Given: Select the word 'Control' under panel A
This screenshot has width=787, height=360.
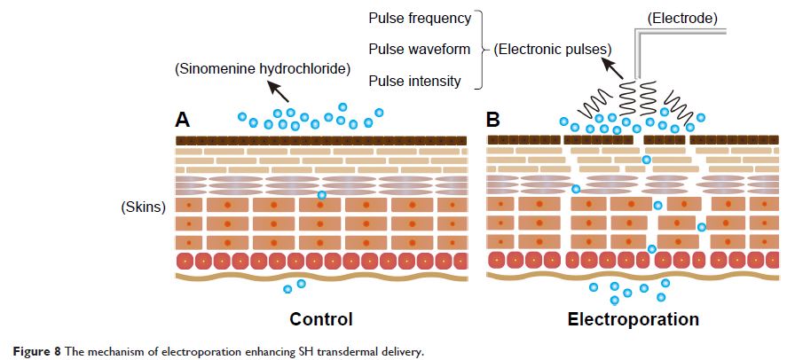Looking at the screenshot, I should (x=320, y=319).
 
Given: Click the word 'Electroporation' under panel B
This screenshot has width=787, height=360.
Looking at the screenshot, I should (x=633, y=319).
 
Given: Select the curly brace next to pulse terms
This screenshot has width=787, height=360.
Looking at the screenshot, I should (x=480, y=50).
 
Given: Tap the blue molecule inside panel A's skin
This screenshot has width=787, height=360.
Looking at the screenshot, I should (x=321, y=195).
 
